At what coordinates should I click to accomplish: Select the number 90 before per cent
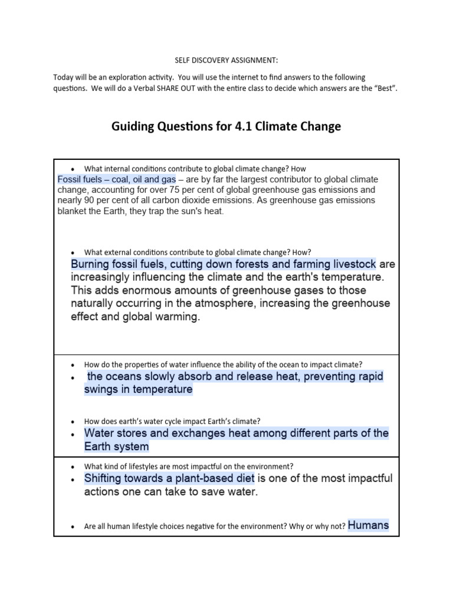pos(91,201)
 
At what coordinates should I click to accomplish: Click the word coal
pos(109,179)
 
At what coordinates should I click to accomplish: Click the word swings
pos(100,389)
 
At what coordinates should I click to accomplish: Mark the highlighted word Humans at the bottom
pos(369,524)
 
